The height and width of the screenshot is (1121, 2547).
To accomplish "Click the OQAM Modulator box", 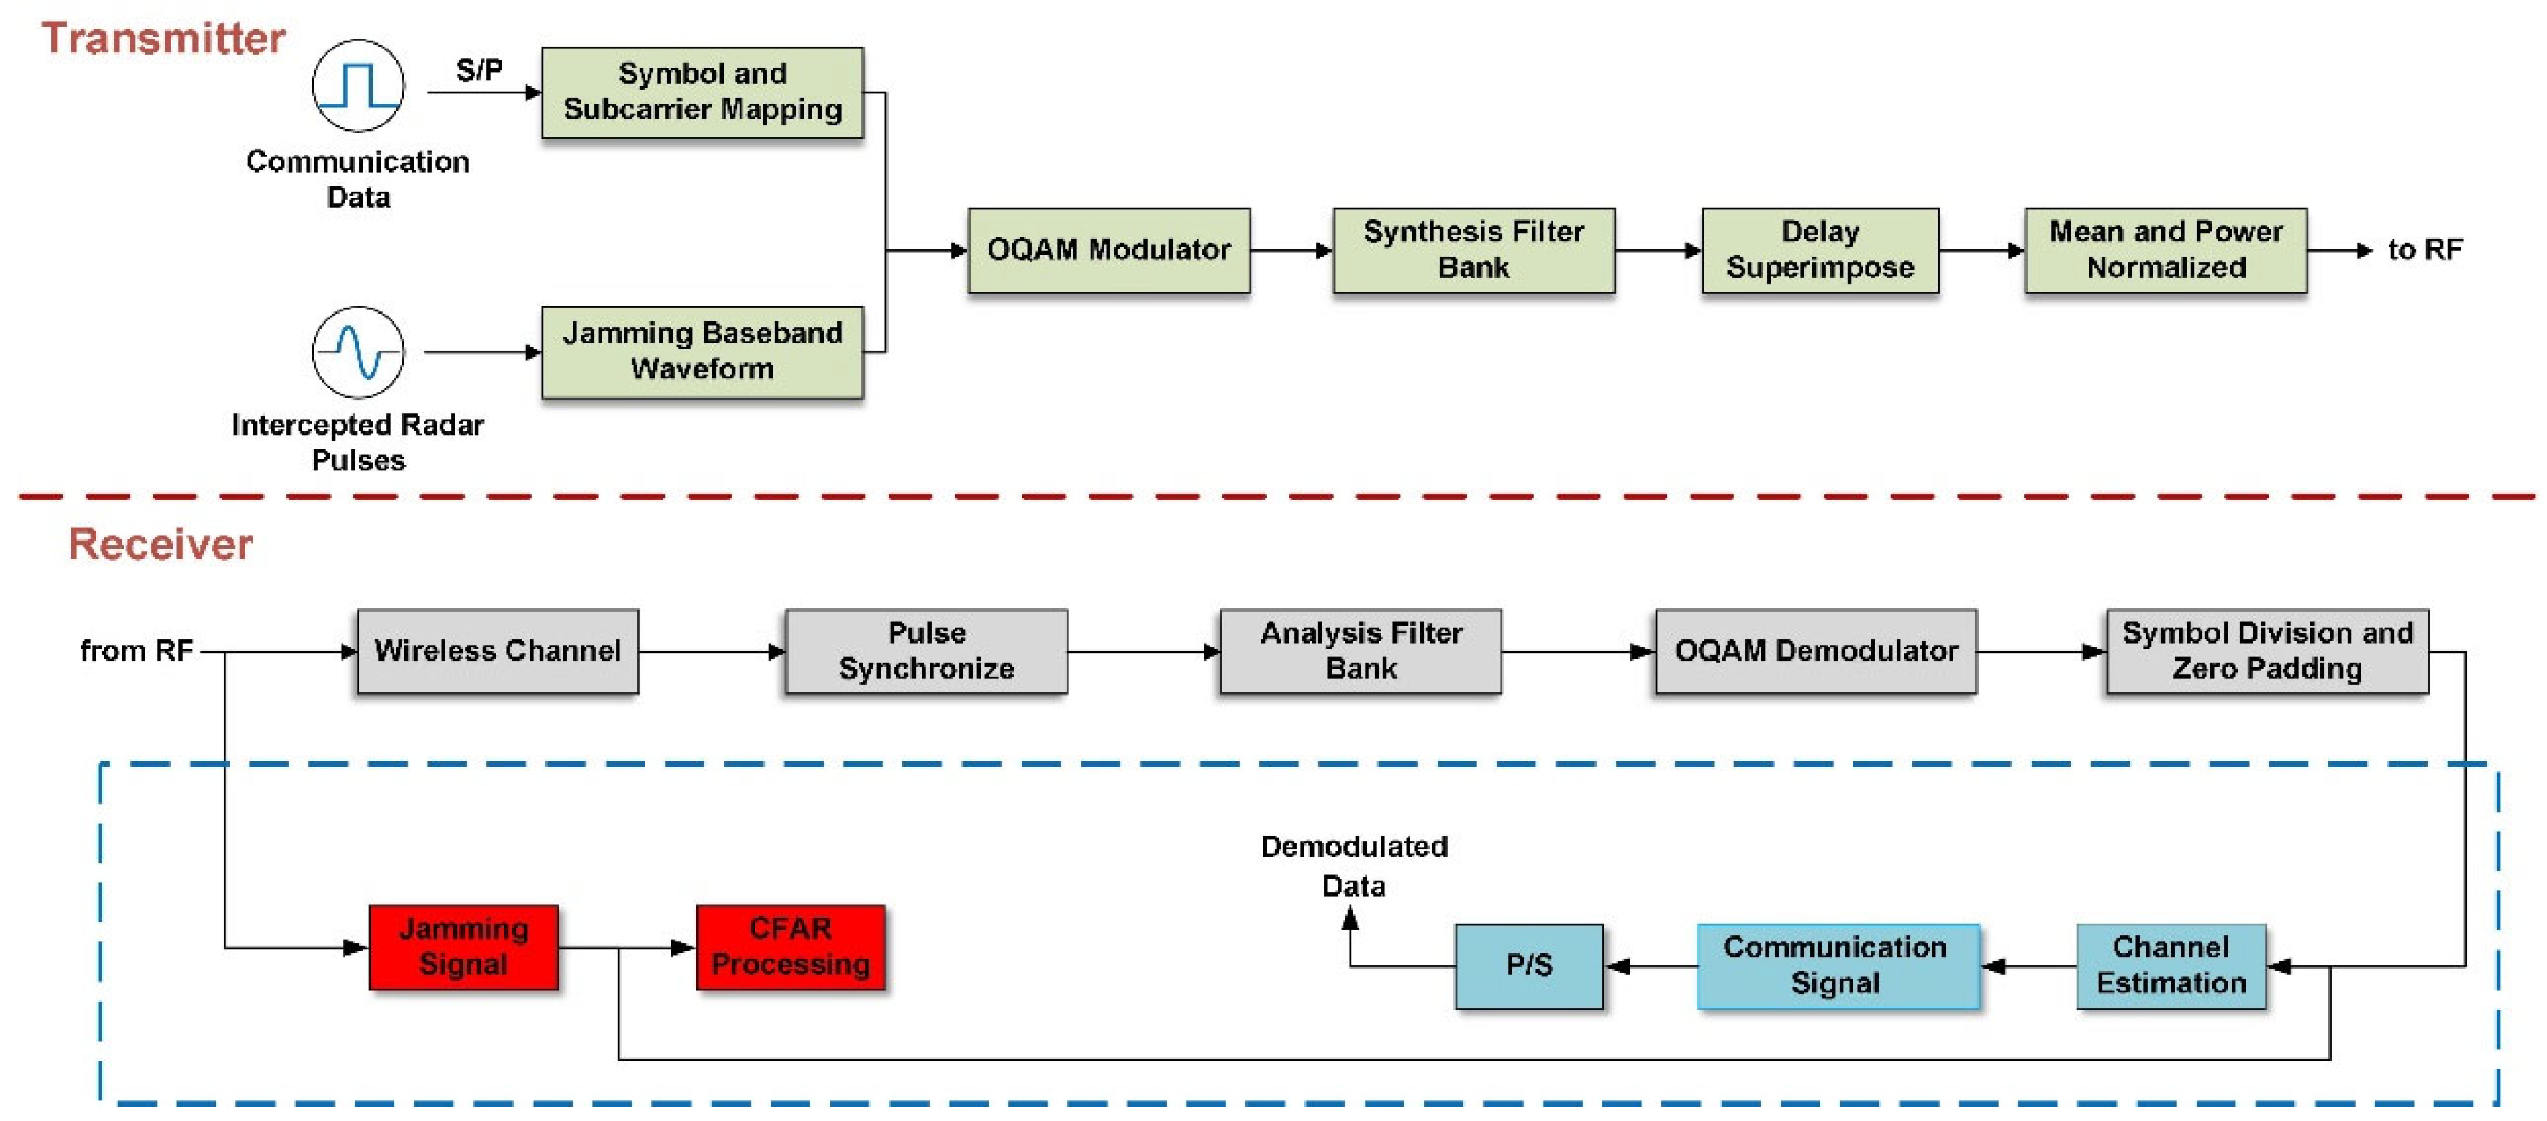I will [x=1109, y=250].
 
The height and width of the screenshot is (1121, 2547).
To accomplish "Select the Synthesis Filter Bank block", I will [x=1474, y=250].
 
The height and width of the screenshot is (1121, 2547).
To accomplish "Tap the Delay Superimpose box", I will [x=1820, y=250].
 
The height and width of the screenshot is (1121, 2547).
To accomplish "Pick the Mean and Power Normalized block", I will [x=2166, y=250].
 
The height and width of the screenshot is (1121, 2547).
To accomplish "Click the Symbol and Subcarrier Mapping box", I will [x=702, y=92].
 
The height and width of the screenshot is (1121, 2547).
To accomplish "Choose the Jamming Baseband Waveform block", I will [x=702, y=352].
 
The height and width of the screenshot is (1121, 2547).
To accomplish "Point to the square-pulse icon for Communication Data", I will [x=358, y=86].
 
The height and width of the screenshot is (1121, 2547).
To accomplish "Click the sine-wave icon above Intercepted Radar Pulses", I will [x=358, y=352].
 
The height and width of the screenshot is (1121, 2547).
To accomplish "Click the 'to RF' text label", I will [x=2425, y=250].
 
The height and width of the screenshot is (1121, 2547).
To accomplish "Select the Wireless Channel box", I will [x=497, y=651].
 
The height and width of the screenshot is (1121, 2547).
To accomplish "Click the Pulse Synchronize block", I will [x=927, y=651].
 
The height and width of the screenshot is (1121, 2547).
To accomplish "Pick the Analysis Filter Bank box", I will [x=1361, y=651].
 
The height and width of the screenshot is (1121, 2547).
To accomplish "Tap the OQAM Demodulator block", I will [x=1815, y=651].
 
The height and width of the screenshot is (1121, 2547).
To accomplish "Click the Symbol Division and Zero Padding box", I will [x=2267, y=651].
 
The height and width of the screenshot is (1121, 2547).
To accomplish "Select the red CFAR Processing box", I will [x=790, y=946].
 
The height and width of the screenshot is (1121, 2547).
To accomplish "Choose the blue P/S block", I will [x=1529, y=966].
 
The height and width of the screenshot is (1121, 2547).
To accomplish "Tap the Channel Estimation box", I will [x=2171, y=966].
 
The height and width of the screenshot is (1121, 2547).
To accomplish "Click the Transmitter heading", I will [x=163, y=39].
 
